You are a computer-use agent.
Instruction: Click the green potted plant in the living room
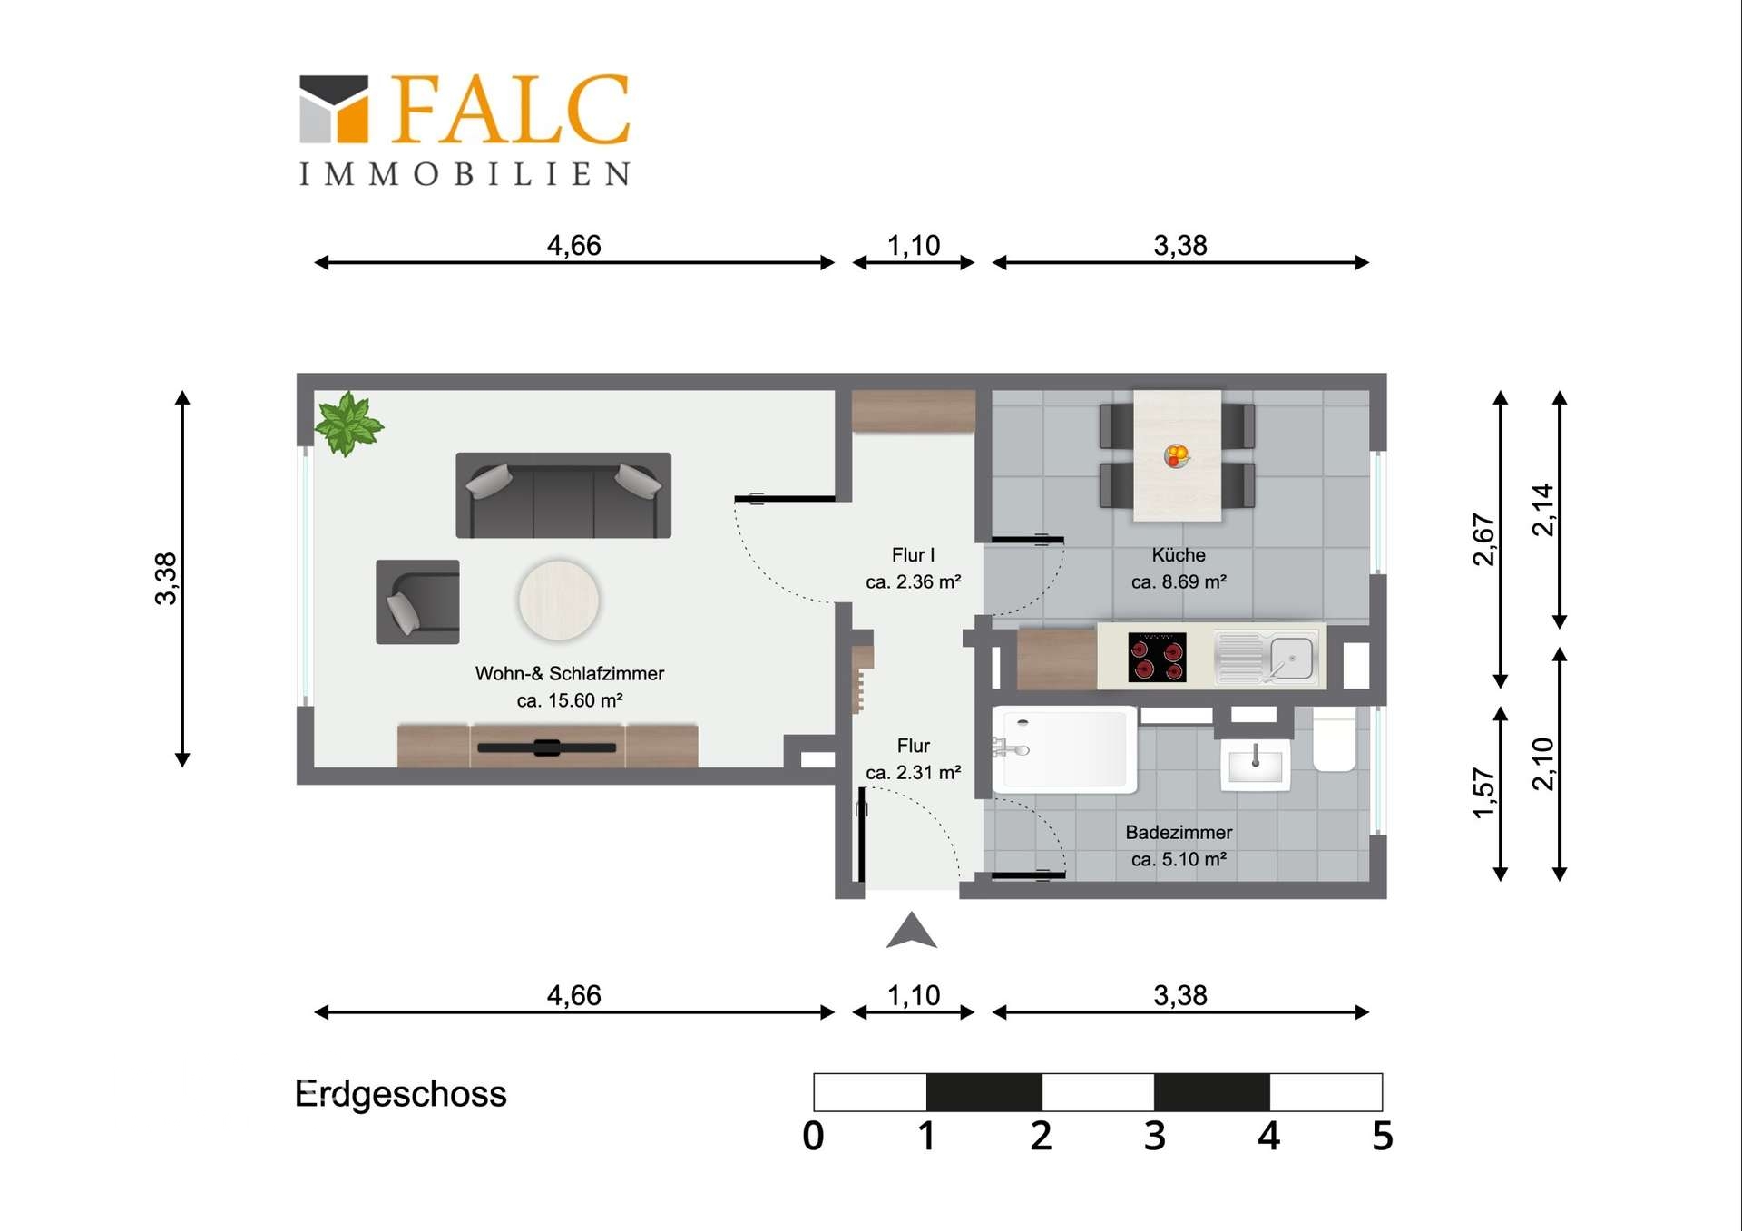pyautogui.click(x=347, y=423)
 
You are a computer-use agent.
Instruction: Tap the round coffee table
pyautogui.click(x=558, y=600)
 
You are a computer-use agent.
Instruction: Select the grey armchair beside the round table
pyautogui.click(x=417, y=602)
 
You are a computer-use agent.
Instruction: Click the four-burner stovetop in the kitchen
pyautogui.click(x=1157, y=657)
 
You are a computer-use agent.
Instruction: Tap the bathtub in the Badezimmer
pyautogui.click(x=1064, y=749)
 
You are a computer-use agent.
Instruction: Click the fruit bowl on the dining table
pyautogui.click(x=1177, y=455)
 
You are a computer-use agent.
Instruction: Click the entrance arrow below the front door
pyautogui.click(x=911, y=932)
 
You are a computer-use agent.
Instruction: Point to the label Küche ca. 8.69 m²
pyautogui.click(x=1179, y=568)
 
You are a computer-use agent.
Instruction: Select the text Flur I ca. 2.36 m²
pyautogui.click(x=913, y=568)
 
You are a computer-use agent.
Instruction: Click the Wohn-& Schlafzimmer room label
pyautogui.click(x=570, y=686)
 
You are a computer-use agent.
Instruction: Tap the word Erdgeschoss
pyautogui.click(x=400, y=1094)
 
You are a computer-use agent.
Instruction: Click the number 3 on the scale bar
pyautogui.click(x=1154, y=1136)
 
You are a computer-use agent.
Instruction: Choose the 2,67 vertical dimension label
pyautogui.click(x=1483, y=540)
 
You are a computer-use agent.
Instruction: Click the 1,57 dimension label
pyautogui.click(x=1483, y=793)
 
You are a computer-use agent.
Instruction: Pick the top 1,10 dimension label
pyautogui.click(x=913, y=245)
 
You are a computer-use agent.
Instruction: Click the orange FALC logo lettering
pyautogui.click(x=510, y=110)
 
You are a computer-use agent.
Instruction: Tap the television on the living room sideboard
pyautogui.click(x=546, y=747)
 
